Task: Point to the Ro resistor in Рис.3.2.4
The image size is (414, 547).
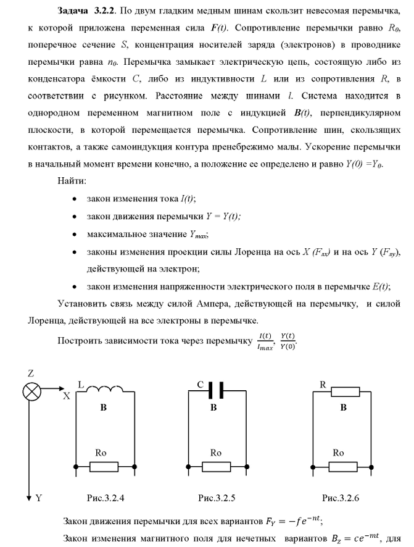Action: pyautogui.click(x=104, y=464)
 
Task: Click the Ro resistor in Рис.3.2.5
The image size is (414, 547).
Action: pyautogui.click(x=215, y=464)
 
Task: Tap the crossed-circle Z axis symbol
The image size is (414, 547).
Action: pyautogui.click(x=31, y=391)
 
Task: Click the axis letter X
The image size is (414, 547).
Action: pyautogui.click(x=66, y=398)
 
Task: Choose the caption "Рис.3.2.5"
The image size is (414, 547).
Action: pyautogui.click(x=217, y=497)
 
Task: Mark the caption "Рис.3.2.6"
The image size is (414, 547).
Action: pyautogui.click(x=340, y=497)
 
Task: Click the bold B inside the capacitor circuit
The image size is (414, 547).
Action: pyautogui.click(x=213, y=408)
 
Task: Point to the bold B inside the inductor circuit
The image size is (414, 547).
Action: pyautogui.click(x=104, y=408)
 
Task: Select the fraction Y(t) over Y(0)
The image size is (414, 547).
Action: pyautogui.click(x=286, y=340)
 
